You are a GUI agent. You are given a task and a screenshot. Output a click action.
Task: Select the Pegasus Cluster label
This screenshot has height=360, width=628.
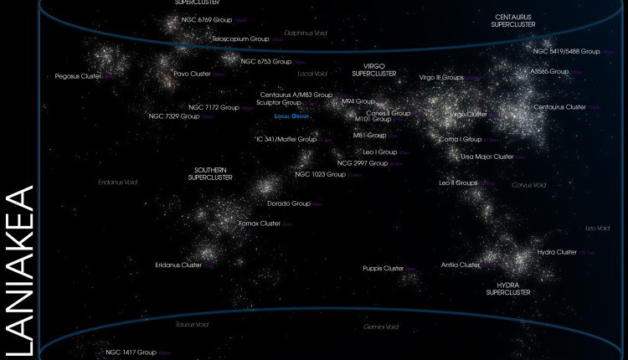point(78,76)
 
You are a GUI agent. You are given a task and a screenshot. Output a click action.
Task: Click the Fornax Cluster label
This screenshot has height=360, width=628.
point(260,224)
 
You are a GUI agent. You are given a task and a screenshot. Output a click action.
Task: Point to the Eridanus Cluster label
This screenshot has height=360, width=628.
point(178,265)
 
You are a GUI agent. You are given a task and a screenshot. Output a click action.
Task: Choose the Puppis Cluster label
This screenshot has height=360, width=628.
point(383,268)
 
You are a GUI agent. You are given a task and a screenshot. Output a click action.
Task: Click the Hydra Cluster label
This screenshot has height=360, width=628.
point(557,252)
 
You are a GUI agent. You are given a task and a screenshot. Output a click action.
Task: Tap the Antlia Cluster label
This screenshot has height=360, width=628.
point(461,265)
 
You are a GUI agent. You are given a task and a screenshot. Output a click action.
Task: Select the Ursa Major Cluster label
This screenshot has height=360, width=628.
point(487,157)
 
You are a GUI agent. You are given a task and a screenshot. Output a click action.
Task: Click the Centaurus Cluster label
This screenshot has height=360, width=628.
point(560,107)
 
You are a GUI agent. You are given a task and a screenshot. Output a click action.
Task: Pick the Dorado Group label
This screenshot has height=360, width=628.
point(289,203)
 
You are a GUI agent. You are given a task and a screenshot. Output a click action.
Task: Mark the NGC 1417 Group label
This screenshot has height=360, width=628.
point(131,352)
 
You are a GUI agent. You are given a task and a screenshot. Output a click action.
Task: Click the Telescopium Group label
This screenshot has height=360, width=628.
point(240,39)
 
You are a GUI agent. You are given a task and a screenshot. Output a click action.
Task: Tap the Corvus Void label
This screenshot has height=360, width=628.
point(528,184)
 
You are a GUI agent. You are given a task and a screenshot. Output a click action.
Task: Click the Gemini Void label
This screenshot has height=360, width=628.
point(381,327)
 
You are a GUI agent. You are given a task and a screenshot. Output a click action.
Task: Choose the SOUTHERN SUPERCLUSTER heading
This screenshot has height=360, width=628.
point(211,173)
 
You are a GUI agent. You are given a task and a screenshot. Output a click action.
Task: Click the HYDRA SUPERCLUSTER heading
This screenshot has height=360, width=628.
point(508,289)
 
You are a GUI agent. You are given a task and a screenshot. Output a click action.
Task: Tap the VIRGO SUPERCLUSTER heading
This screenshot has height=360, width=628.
point(373,69)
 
